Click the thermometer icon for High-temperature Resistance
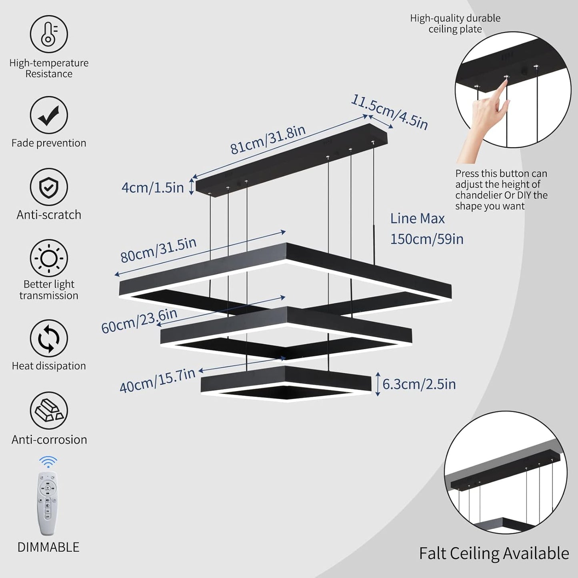point(49,34)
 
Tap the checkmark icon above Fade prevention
point(49,115)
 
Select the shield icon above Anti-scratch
point(49,187)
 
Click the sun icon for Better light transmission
point(49,258)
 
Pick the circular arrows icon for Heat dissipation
point(49,338)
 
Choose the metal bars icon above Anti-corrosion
point(49,410)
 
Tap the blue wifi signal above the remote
point(48,462)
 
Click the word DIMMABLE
point(48,547)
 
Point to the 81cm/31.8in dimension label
point(268,140)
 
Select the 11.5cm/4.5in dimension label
point(389,112)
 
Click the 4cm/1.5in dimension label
point(152,187)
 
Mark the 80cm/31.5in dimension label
point(158,250)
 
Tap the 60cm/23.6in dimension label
point(139,321)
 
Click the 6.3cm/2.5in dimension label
point(419,384)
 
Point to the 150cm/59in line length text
point(426,239)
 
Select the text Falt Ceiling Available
point(494,554)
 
